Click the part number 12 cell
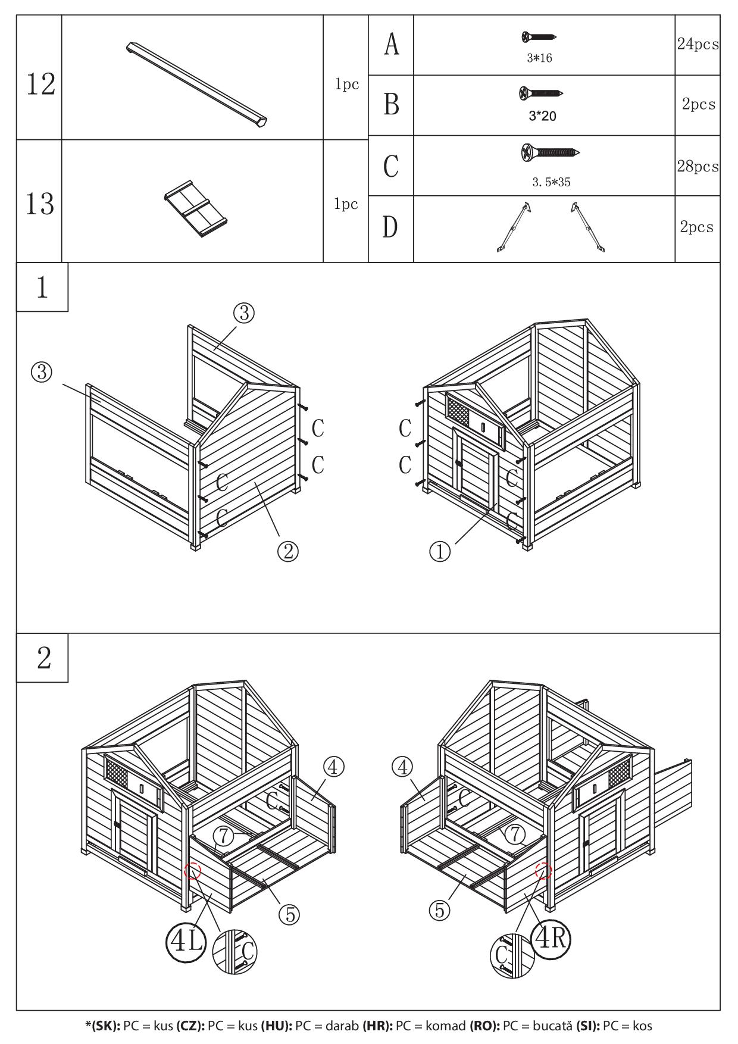pos(40,83)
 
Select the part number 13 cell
pos(40,204)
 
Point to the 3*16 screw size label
pos(539,58)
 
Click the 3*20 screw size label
pos(542,116)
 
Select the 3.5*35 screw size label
pos(551,182)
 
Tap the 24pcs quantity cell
pos(697,45)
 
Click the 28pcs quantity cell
pos(697,166)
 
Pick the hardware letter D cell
pos(390,227)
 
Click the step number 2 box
pos(43,658)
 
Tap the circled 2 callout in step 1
pos(287,552)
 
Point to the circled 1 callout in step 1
pos(440,552)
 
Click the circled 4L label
pos(185,941)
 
